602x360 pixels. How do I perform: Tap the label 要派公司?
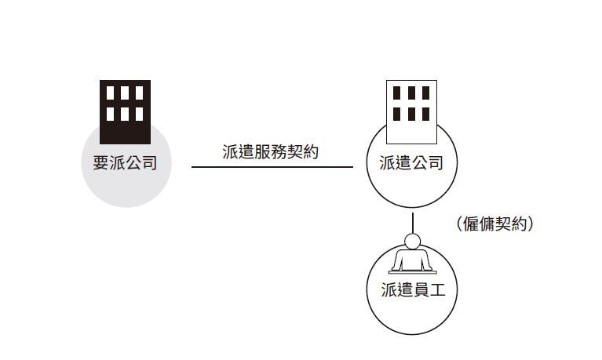(126, 163)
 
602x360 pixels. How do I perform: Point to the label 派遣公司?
(411, 163)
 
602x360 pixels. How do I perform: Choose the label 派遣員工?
(412, 291)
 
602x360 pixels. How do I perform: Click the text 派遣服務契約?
(271, 152)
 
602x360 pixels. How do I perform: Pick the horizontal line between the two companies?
(272, 167)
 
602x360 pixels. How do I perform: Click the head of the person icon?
(412, 241)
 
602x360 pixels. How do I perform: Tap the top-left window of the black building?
(111, 93)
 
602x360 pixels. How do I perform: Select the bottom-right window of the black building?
(139, 115)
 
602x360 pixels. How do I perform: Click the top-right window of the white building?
(425, 93)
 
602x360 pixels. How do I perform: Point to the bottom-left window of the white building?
(397, 115)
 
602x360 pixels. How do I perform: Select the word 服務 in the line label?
(271, 152)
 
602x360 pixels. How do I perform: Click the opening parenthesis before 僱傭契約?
(459, 224)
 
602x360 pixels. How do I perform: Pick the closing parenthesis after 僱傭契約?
(531, 224)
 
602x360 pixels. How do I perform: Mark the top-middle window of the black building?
(125, 93)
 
